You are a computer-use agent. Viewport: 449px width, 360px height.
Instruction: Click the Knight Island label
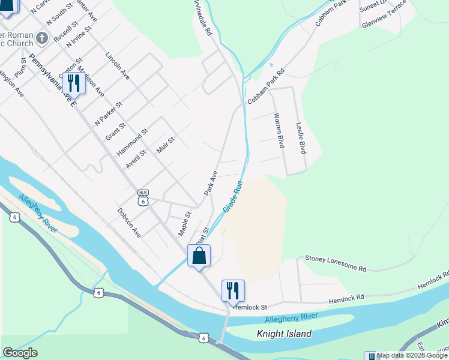click(284, 334)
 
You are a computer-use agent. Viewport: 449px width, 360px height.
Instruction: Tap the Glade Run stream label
click(233, 197)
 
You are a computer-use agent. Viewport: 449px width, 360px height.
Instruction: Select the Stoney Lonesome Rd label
click(336, 263)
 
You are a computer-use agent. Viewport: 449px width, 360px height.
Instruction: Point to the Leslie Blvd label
click(301, 138)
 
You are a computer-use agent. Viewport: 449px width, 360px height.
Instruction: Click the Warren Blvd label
click(278, 130)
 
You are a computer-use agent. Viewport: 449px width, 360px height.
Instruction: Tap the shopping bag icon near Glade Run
click(199, 256)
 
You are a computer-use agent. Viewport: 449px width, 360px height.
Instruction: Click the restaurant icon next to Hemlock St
click(233, 291)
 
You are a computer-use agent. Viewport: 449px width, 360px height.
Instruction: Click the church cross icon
click(42, 38)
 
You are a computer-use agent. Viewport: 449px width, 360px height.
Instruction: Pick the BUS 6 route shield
click(143, 197)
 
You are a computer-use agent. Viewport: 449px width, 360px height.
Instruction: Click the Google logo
click(20, 353)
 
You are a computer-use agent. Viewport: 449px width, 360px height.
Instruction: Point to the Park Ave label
click(210, 182)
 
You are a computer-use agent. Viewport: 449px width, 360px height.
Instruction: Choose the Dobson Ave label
click(129, 223)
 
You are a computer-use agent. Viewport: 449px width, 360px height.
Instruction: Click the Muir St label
click(165, 146)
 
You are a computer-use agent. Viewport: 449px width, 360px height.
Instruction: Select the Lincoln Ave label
click(118, 66)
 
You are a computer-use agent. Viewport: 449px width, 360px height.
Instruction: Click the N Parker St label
click(109, 113)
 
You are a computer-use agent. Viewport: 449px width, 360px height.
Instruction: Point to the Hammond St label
click(133, 142)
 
